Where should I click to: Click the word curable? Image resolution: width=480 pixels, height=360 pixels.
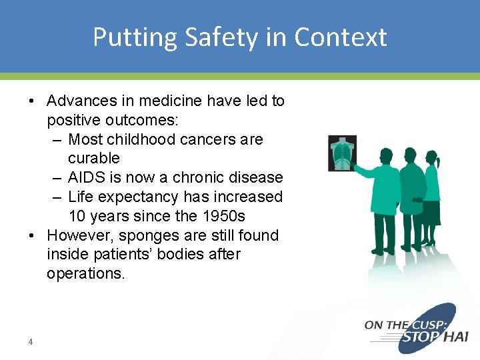pyautogui.click(x=94, y=159)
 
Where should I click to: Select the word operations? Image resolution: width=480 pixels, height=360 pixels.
pyautogui.click(x=85, y=273)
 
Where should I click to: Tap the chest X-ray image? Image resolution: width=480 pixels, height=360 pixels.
pyautogui.click(x=343, y=153)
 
